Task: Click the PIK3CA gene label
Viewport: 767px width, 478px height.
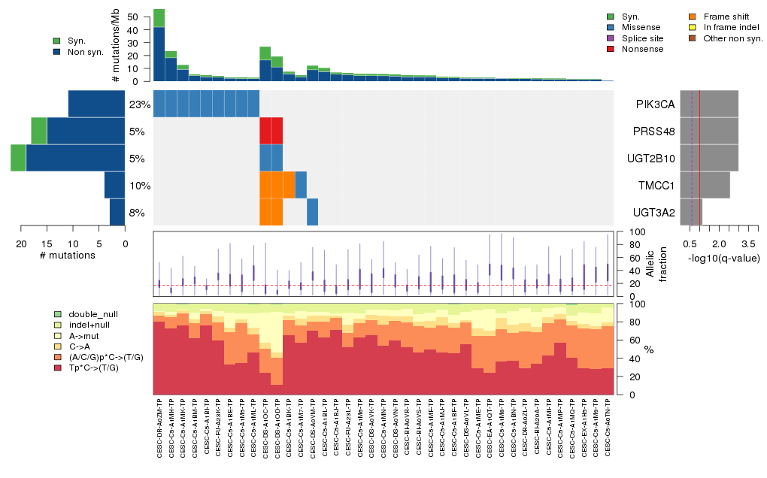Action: click(x=654, y=104)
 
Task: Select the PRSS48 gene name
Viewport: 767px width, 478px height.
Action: click(x=654, y=131)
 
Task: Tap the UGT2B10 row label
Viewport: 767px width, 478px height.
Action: click(x=654, y=158)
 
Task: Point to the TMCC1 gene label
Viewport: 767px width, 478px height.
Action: click(x=654, y=185)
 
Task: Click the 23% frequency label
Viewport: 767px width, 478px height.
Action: click(x=140, y=104)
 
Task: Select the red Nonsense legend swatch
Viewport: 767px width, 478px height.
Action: click(x=610, y=49)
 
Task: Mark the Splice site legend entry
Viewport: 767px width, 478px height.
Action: click(x=643, y=38)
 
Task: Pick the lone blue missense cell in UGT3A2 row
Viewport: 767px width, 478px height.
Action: click(x=312, y=212)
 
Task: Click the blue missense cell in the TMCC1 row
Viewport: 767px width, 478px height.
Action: click(x=301, y=185)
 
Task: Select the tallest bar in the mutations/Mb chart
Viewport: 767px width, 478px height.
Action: click(x=159, y=45)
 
